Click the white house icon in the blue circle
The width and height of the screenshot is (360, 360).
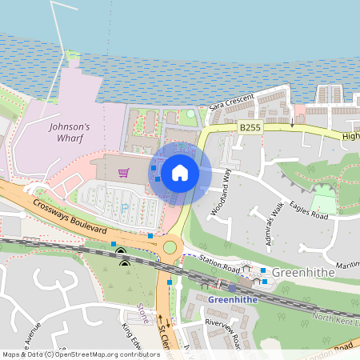180,172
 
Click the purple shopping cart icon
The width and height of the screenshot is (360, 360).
123,172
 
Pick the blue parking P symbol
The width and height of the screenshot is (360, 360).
124,209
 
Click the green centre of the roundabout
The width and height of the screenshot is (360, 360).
170,247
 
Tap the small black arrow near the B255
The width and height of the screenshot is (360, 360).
293,125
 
